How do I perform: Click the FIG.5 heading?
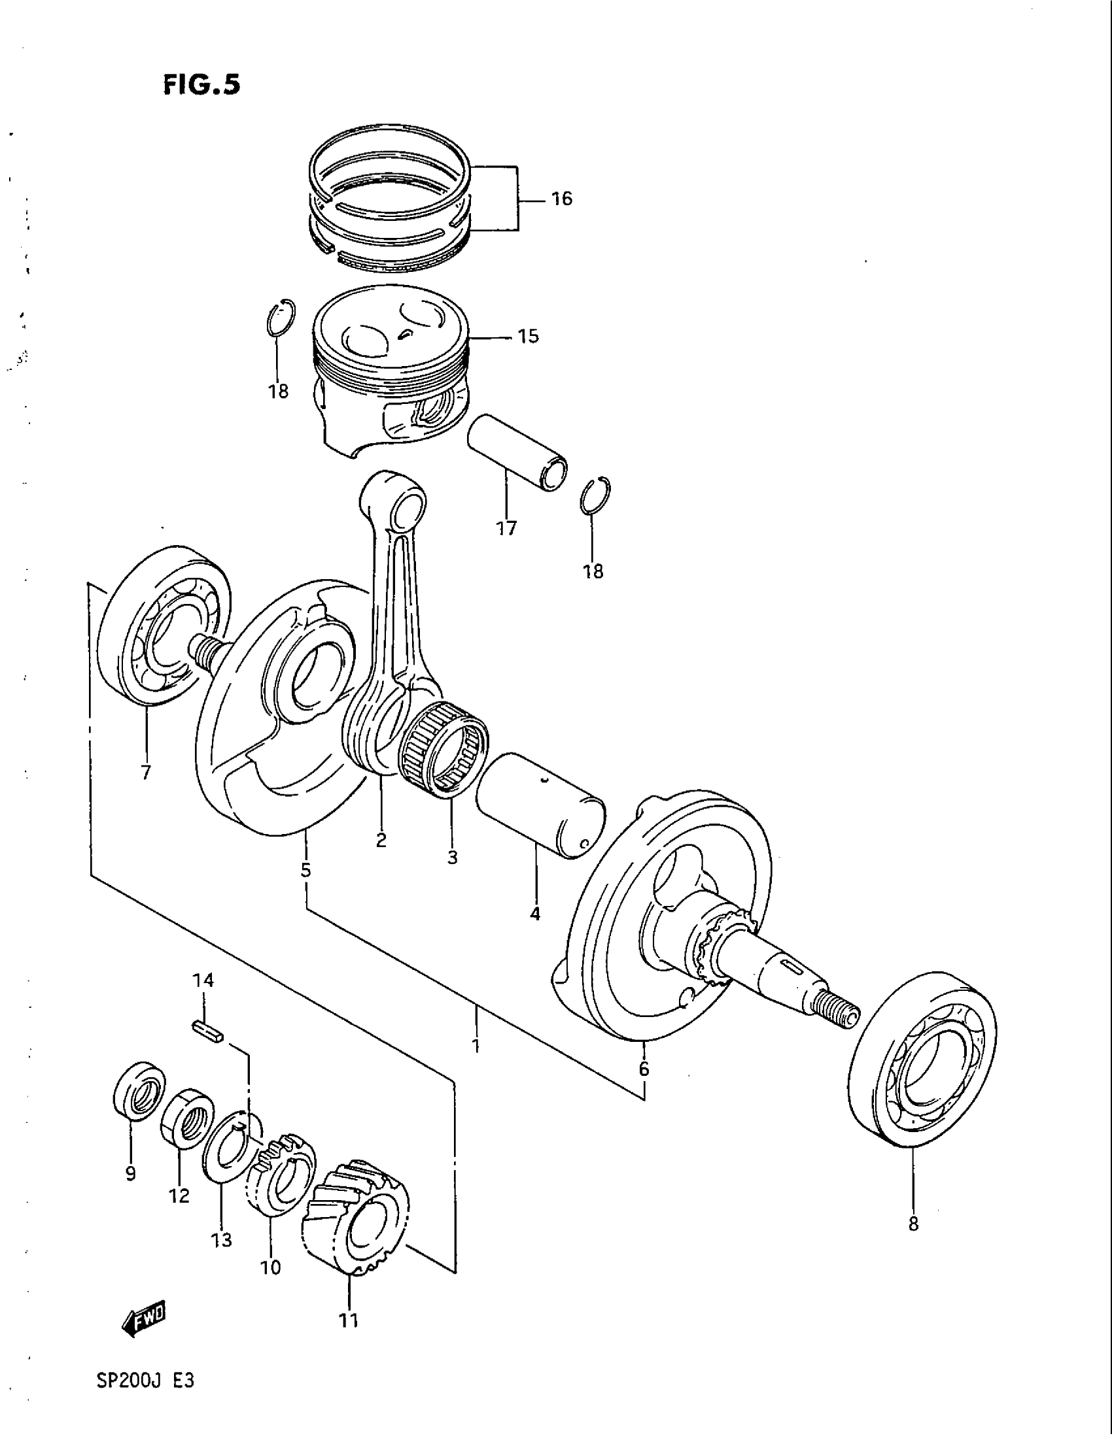[x=201, y=85]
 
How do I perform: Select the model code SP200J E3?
[x=145, y=1398]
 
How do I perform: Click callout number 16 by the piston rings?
[x=561, y=198]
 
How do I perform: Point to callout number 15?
[x=529, y=337]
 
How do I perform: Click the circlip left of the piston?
[x=281, y=318]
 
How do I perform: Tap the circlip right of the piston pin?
[x=596, y=495]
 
